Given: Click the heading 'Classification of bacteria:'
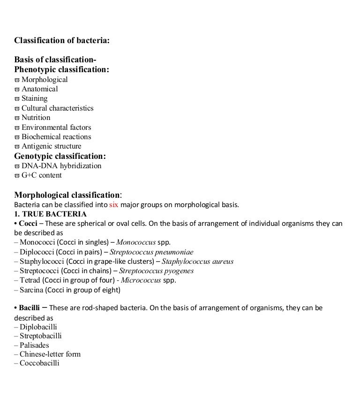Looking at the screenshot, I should pos(62,41).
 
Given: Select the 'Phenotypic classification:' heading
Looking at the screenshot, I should pos(62,70).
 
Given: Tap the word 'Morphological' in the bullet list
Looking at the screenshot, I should pos(45,80).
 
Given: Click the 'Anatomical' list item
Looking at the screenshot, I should pos(39,89).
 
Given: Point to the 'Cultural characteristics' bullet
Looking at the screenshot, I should pos(57,108).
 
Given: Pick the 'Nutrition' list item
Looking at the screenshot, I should pos(36,118).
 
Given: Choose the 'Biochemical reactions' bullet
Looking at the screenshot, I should pos(56,137).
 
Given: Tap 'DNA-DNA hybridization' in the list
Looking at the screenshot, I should pos(61,166).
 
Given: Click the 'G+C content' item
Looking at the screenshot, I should pos(41,175).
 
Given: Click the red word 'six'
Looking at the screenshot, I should pos(113,205).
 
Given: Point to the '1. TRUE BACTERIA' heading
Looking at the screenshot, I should pos(50,214).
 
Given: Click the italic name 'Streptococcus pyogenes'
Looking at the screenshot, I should pos(156,271).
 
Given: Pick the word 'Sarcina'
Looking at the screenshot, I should pos(32,290).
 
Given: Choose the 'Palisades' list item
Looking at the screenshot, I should pos(34,345).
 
